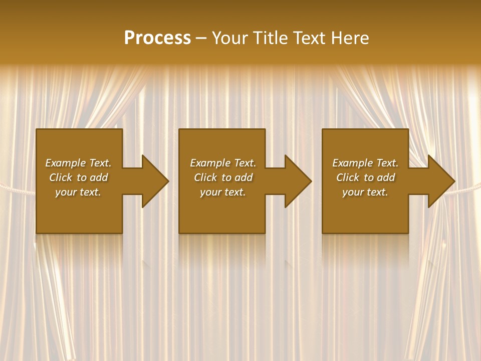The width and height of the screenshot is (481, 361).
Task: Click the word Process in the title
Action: coord(157,38)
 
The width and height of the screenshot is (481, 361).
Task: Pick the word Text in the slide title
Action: coord(310,38)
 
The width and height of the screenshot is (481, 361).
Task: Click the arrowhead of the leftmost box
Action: coord(154,181)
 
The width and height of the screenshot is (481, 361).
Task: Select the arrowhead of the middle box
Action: coord(298,181)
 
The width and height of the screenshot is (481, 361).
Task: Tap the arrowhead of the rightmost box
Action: coord(440,181)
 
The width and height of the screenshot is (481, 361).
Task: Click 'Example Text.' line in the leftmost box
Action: coord(78,163)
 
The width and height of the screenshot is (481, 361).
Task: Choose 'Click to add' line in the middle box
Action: coord(223,177)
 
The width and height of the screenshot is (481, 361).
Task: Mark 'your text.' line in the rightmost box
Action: coord(365,192)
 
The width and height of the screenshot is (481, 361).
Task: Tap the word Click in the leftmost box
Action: coord(61,177)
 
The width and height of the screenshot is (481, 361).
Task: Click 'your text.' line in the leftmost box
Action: coord(78,192)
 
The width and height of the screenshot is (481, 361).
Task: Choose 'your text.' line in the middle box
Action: coord(223,192)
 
